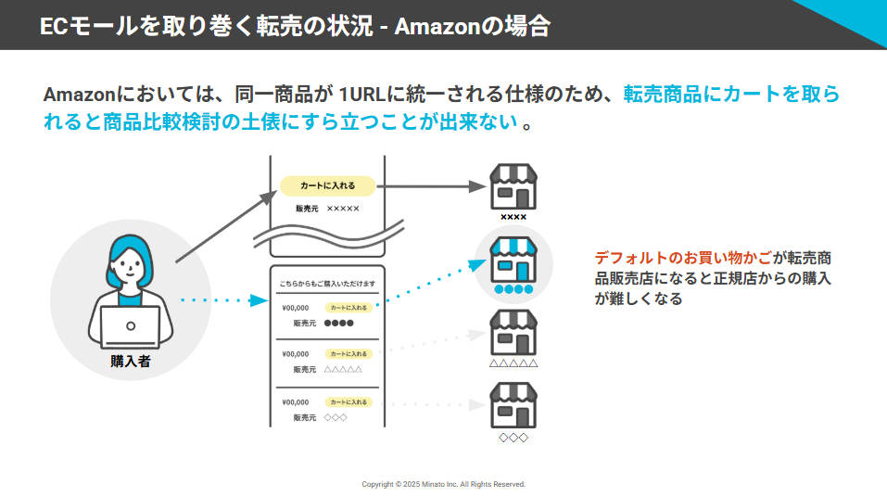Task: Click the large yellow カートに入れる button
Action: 327,185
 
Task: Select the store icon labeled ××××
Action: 513,187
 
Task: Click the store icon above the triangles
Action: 513,333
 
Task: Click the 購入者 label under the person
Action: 131,362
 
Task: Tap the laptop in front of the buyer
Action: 131,326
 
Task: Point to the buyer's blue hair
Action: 131,250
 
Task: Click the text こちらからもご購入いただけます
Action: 327,284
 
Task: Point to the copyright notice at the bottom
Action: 443,484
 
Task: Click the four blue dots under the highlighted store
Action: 513,290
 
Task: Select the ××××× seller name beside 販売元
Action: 343,209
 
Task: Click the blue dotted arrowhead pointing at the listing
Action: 260,299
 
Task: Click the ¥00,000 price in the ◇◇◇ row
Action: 295,402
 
